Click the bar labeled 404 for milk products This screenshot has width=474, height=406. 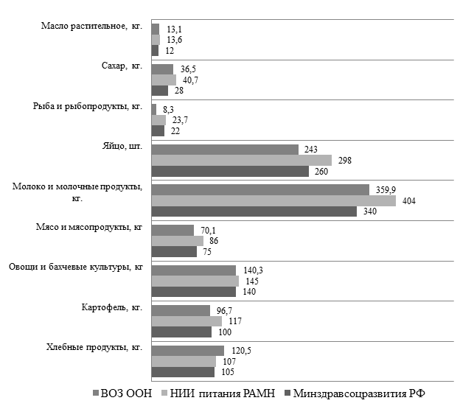(x=273, y=200)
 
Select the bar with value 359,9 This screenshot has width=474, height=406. (x=259, y=189)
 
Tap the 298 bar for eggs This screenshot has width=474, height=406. (x=242, y=160)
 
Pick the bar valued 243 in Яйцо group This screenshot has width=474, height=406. (x=225, y=150)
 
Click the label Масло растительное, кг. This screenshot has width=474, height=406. (x=92, y=27)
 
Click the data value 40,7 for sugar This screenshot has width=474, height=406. (x=189, y=80)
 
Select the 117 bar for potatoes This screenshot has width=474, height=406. (x=186, y=321)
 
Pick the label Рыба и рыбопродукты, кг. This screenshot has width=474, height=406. (x=99, y=107)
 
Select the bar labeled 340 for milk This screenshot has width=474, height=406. (x=254, y=211)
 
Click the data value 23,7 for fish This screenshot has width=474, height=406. (x=179, y=119)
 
